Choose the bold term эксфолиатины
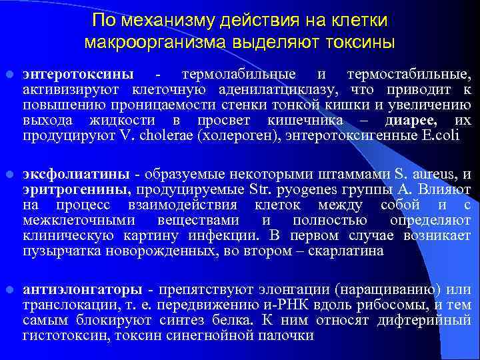[x=76, y=175]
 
